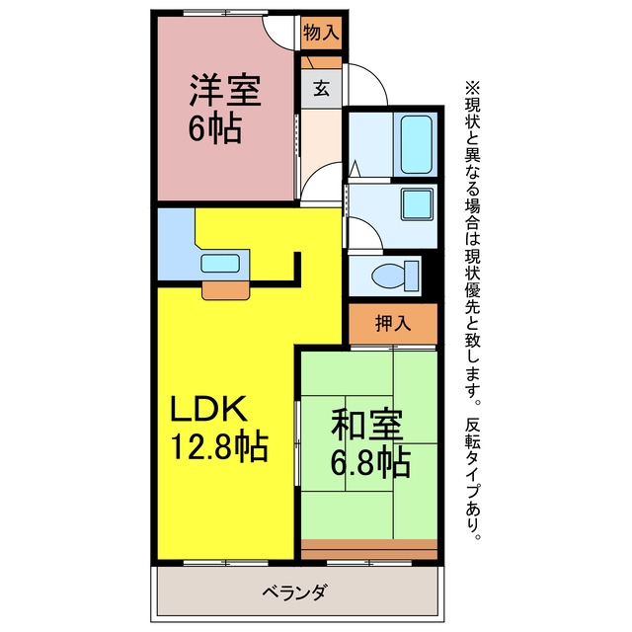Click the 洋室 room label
click(225, 90)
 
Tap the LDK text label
click(208, 408)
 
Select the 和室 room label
click(366, 425)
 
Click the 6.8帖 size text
click(370, 462)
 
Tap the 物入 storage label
click(321, 33)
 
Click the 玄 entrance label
click(321, 89)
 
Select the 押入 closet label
click(393, 323)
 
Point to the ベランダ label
click(294, 592)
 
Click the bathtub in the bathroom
click(416, 144)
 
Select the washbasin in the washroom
click(417, 203)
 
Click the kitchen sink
click(220, 264)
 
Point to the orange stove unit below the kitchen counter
click(226, 290)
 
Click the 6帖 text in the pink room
click(215, 128)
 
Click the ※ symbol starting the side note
click(472, 88)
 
